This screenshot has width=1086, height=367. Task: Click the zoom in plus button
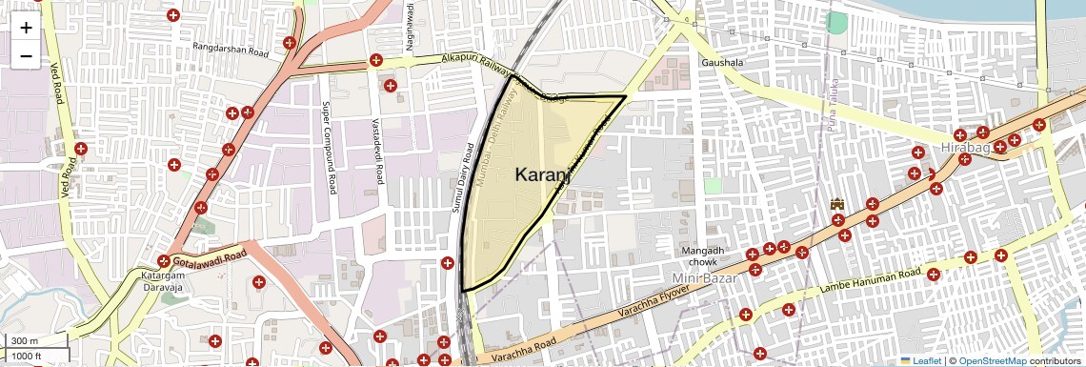click(x=26, y=28)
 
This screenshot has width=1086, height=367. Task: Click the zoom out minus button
click(x=26, y=56)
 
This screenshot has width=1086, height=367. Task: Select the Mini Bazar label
click(x=707, y=277)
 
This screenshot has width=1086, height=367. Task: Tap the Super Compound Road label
click(x=330, y=148)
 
